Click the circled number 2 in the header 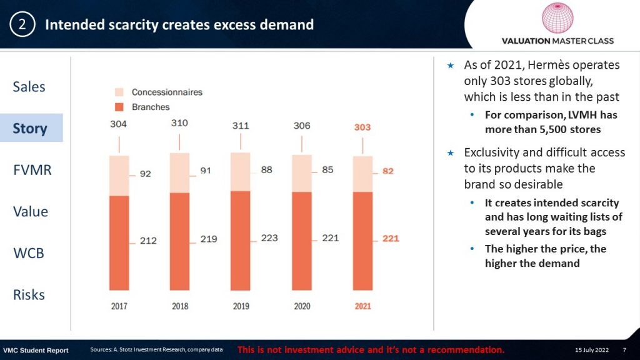coord(22,25)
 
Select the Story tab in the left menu coord(30,128)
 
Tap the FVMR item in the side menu coord(32,170)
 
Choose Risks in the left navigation coord(29,295)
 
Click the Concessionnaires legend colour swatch coord(120,92)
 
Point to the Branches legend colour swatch coord(120,107)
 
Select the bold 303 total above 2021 coord(362,127)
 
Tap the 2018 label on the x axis coord(180,306)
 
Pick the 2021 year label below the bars coord(362,306)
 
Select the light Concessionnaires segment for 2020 coord(302,173)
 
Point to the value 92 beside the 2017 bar coord(145,174)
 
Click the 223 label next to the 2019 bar coord(269,238)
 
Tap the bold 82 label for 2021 coord(388,171)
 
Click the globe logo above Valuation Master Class coord(557,19)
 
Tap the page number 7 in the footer coord(624,349)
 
